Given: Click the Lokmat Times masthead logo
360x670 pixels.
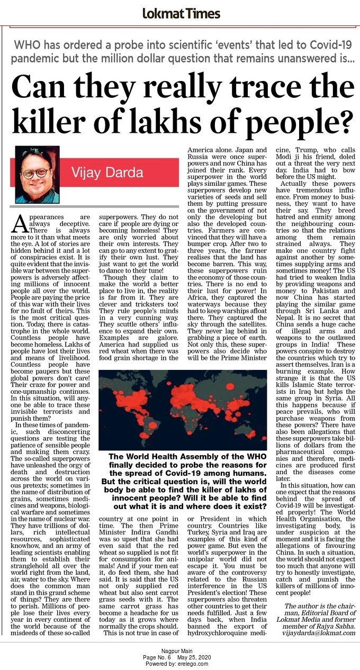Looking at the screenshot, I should pyautogui.click(x=180, y=13).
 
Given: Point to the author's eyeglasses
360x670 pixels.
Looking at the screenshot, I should pyautogui.click(x=37, y=173).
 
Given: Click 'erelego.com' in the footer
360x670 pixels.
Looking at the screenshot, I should pyautogui.click(x=193, y=664).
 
